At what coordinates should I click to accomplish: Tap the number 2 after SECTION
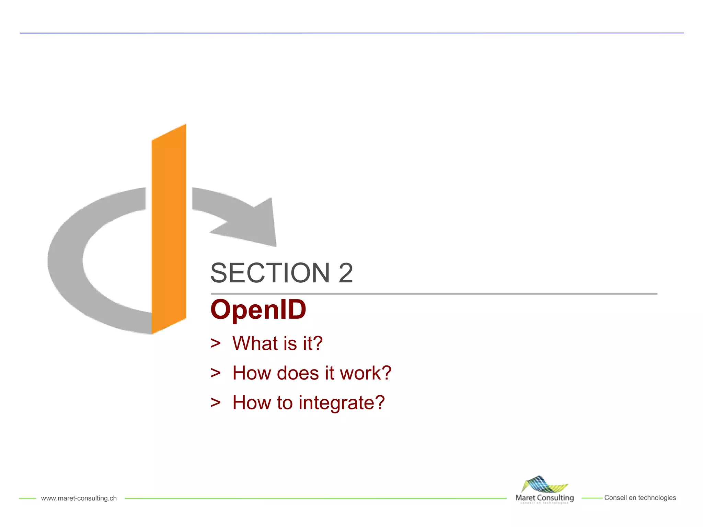345,273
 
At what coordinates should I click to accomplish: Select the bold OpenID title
258,310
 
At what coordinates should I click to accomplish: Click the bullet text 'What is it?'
277,343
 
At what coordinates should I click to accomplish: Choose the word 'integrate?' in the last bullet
342,403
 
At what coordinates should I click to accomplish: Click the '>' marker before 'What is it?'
216,343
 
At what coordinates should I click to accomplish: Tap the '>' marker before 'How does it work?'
216,373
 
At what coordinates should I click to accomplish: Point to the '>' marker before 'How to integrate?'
216,402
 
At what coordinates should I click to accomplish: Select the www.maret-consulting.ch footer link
79,498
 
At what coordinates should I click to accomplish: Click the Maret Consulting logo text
544,497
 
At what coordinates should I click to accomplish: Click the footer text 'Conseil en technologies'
640,498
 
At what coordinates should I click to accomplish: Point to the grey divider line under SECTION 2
434,294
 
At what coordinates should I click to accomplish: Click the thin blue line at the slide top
351,33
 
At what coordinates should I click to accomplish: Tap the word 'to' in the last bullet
285,403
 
